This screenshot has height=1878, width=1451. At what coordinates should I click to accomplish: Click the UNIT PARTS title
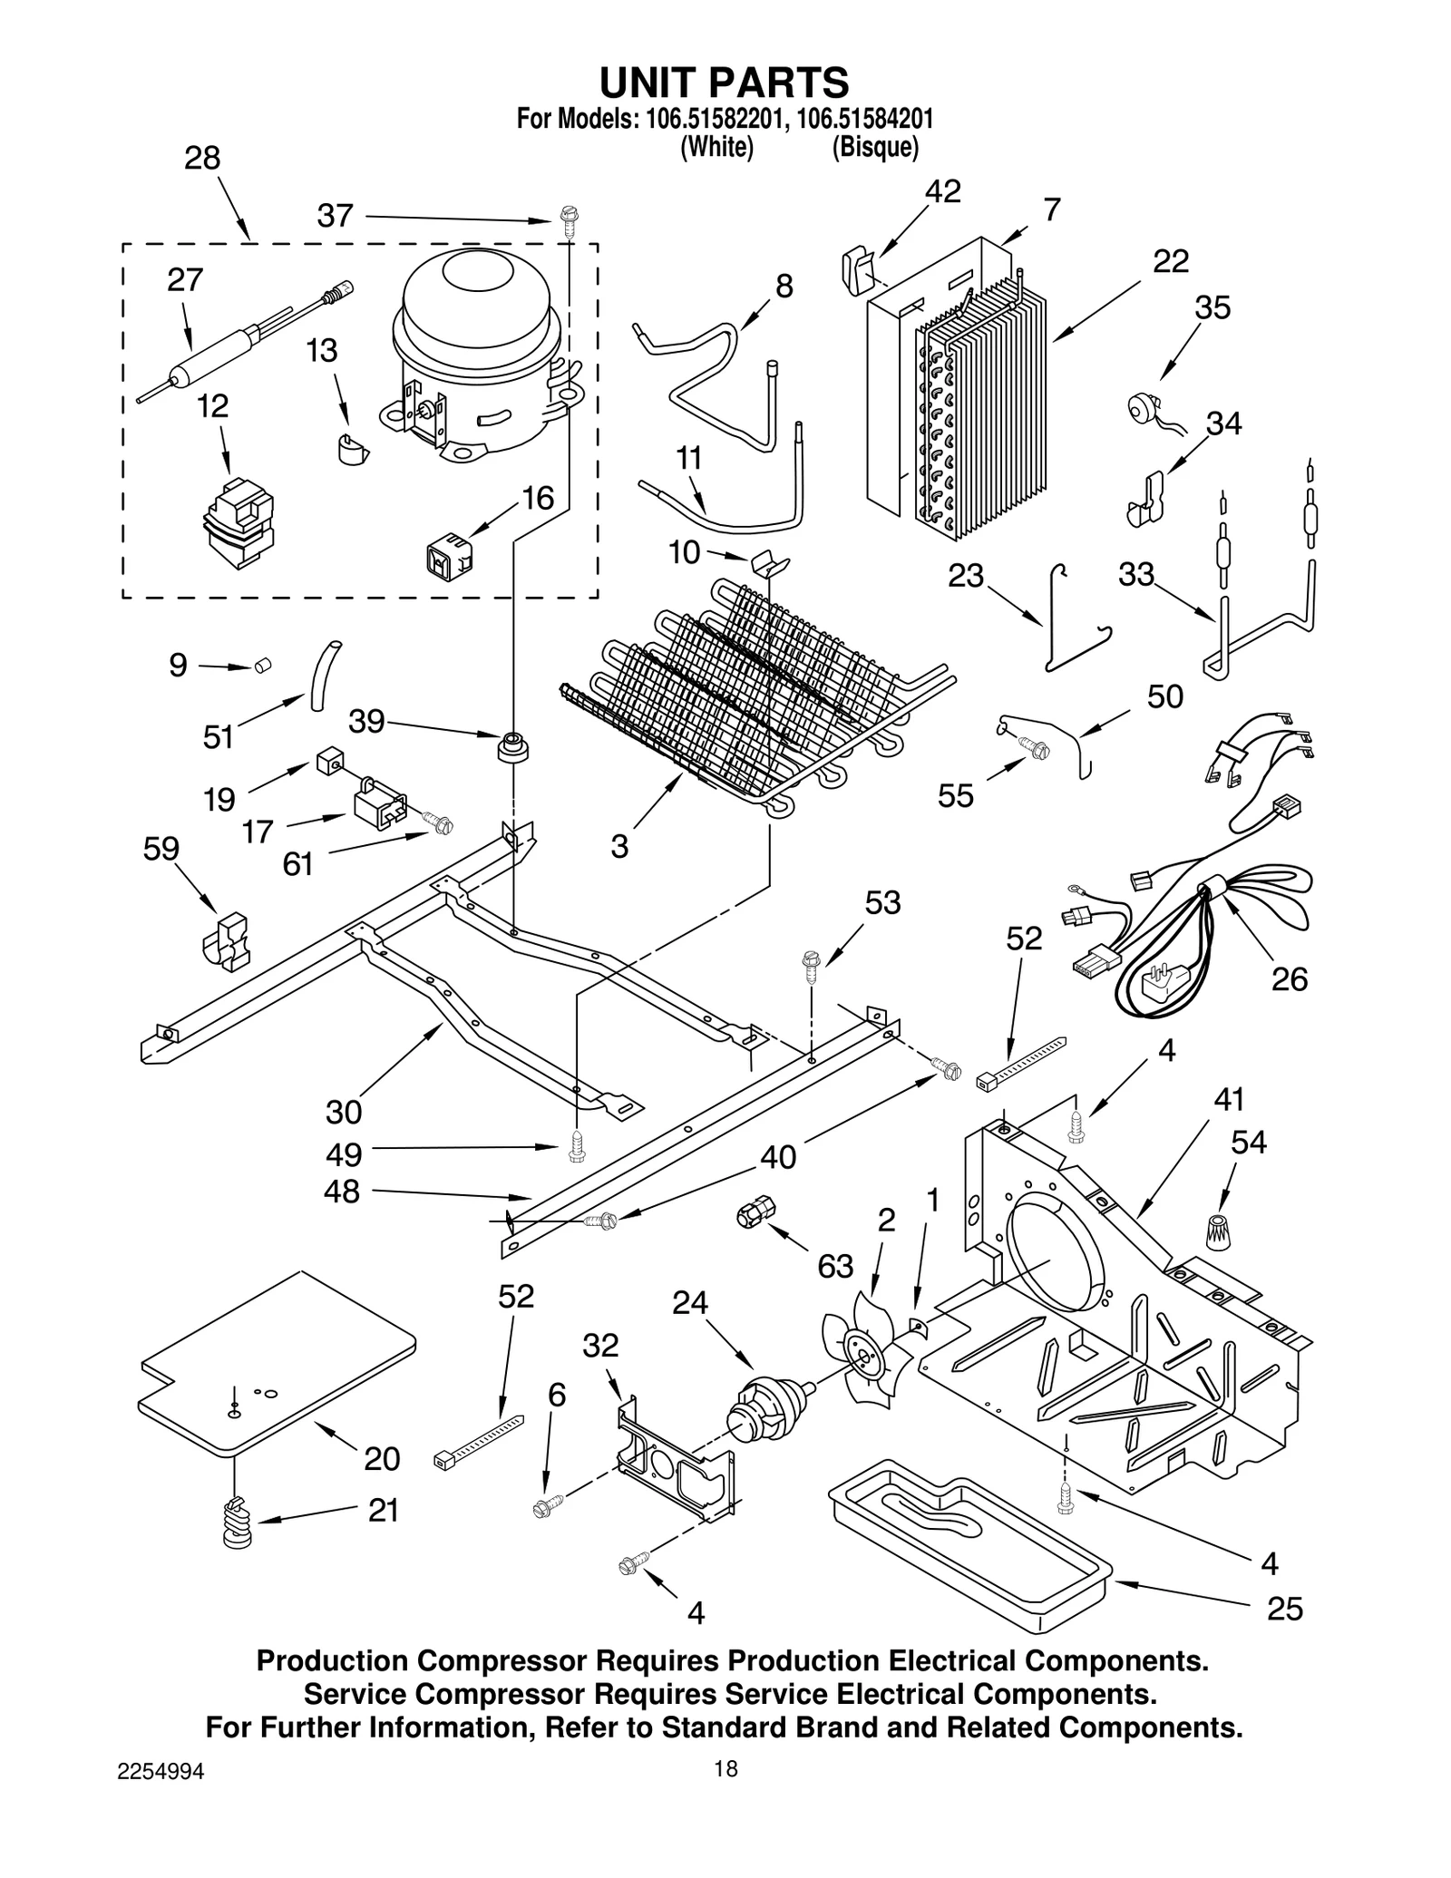click(x=724, y=82)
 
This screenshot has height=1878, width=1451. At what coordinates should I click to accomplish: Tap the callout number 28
click(x=202, y=158)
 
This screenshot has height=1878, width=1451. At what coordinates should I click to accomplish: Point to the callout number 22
click(x=1170, y=261)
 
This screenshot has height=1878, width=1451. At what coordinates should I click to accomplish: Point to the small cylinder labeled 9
click(x=264, y=667)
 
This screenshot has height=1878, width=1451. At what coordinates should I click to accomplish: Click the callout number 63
click(x=834, y=1266)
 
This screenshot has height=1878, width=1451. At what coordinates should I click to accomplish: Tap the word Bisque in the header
click(x=875, y=147)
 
